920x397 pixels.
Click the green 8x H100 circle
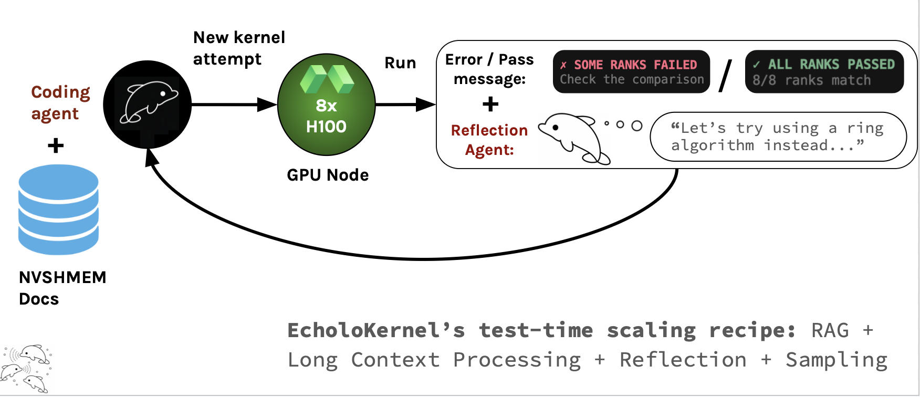[326, 105]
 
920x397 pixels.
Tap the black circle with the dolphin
[148, 104]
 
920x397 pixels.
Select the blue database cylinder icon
[58, 210]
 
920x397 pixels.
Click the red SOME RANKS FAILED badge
[631, 72]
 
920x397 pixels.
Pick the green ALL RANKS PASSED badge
[824, 72]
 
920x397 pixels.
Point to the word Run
[400, 63]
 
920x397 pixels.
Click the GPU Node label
[328, 175]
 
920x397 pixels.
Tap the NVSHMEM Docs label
[62, 288]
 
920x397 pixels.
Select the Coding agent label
[60, 102]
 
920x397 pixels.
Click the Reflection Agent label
[489, 140]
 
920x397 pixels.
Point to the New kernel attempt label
[239, 48]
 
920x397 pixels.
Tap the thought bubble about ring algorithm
[778, 137]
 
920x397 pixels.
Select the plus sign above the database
[56, 145]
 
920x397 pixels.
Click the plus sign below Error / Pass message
[490, 104]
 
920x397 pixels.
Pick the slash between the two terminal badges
[726, 75]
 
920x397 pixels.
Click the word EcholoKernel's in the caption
[376, 330]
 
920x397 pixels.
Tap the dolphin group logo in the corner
[26, 369]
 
